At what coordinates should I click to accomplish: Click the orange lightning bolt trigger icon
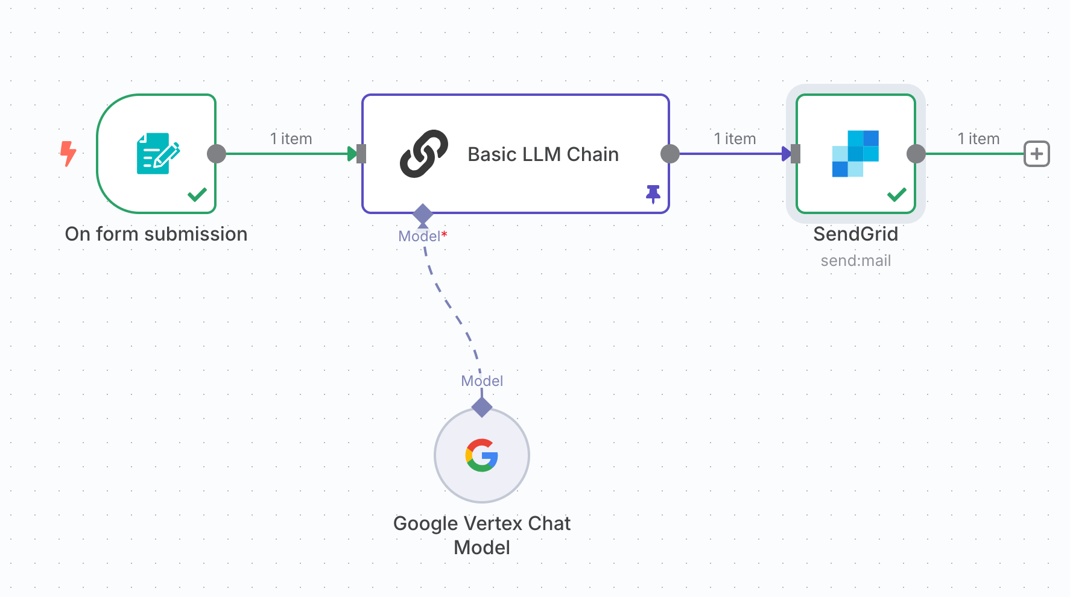click(x=68, y=153)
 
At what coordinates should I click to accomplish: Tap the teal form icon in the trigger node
click(x=158, y=154)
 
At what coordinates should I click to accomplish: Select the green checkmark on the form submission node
click(x=197, y=195)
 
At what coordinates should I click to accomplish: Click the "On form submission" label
click(x=156, y=234)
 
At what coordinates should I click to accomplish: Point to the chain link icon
click(x=424, y=154)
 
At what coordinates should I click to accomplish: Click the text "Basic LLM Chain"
click(x=543, y=154)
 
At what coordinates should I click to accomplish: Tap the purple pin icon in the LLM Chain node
click(x=653, y=194)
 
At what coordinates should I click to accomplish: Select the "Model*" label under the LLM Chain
click(x=422, y=236)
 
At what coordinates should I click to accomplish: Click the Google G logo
click(x=482, y=455)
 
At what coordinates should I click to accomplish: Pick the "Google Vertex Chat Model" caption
click(x=482, y=535)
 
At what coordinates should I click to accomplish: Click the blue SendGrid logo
click(x=855, y=154)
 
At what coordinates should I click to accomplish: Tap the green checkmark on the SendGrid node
click(x=897, y=195)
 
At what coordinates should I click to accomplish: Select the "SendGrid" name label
click(x=855, y=234)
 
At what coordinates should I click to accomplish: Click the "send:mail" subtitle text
click(x=855, y=261)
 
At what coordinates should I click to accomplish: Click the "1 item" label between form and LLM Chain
click(x=291, y=139)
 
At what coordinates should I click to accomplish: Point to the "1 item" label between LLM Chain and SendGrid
click(x=735, y=139)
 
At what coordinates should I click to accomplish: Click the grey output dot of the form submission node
click(x=217, y=154)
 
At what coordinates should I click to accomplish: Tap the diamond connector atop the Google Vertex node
click(x=482, y=407)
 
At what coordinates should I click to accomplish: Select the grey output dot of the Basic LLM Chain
click(x=670, y=154)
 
